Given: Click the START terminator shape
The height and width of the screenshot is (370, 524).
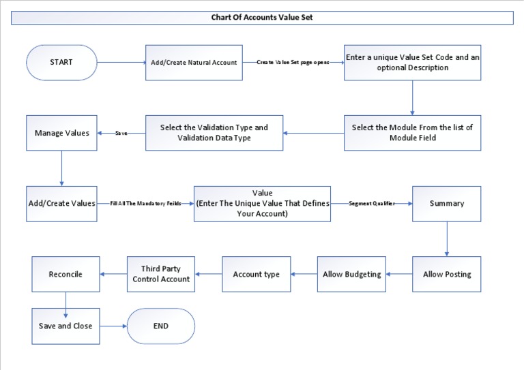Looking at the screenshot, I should click(61, 63).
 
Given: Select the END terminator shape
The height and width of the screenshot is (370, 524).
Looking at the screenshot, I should click(161, 326).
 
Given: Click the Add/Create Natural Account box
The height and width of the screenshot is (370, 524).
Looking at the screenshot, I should click(194, 63).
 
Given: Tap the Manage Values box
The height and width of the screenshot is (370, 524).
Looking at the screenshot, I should click(61, 133).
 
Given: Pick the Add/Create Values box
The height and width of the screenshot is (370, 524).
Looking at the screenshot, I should click(61, 204).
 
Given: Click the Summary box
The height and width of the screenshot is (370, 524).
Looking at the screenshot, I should click(447, 204).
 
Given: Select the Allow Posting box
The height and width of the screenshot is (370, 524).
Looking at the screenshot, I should click(447, 274).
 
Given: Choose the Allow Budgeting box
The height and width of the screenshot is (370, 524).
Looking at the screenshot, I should click(351, 274).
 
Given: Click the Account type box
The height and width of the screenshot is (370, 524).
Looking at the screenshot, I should click(257, 274).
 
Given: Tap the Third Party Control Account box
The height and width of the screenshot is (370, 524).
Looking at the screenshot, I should click(160, 274).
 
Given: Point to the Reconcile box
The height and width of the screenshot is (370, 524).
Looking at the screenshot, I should click(65, 274).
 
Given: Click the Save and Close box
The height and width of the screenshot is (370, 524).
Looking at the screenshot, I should click(65, 326).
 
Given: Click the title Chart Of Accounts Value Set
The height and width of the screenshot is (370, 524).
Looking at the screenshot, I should click(262, 18).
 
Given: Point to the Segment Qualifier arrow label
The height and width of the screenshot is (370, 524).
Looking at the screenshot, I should click(372, 204).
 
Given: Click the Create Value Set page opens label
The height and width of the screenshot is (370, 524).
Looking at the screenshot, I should click(293, 63).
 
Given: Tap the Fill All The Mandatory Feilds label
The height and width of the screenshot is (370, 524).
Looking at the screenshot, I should click(145, 204).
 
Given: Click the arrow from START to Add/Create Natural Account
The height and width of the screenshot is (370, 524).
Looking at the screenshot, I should click(121, 63).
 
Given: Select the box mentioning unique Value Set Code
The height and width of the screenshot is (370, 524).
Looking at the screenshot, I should click(411, 63).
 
